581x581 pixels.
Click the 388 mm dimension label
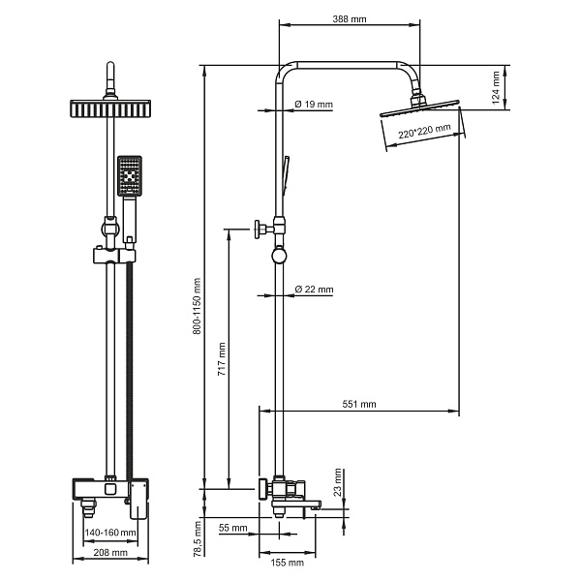[349, 19]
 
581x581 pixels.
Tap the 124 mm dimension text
[496, 88]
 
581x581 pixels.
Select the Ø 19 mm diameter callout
[314, 105]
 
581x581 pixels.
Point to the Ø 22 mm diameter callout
[314, 289]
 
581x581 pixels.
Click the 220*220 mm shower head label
[425, 131]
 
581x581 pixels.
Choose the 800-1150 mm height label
[198, 306]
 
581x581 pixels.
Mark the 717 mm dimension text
[222, 359]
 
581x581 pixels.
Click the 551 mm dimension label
[358, 404]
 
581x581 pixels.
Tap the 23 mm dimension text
[338, 482]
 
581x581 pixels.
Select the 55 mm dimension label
[232, 528]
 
